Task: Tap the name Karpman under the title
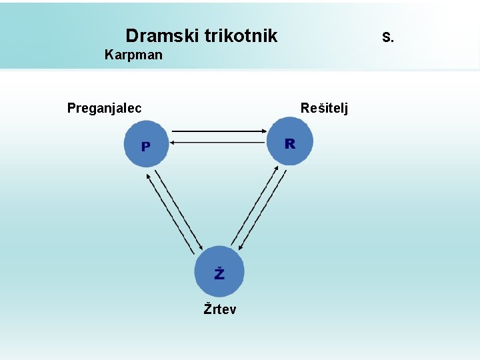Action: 133,55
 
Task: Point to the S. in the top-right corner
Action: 388,37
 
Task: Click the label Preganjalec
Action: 104,108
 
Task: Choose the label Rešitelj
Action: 324,108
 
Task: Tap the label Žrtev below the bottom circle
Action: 219,309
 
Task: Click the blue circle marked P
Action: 146,144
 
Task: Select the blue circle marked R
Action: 289,142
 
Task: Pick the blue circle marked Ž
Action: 219,271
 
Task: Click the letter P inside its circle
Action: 145,146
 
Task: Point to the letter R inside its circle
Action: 289,143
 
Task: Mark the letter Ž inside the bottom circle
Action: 219,273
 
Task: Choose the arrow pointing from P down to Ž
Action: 179,207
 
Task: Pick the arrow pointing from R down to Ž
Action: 262,209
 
